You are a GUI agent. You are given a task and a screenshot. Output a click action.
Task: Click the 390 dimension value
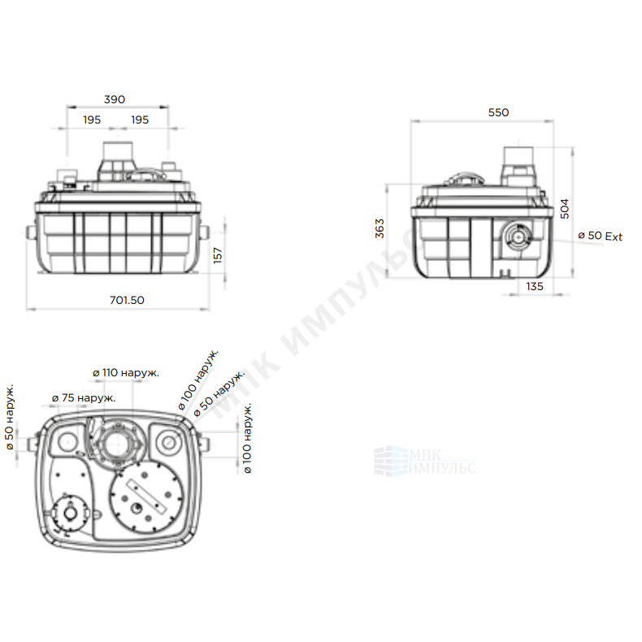[x=115, y=99]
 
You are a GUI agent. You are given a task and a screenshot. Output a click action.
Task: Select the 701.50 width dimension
[x=127, y=300]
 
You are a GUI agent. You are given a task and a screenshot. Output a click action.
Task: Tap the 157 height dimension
[x=218, y=255]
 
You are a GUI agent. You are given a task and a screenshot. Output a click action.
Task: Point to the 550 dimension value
[x=498, y=113]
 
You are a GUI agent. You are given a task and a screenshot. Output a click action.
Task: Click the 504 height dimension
[x=565, y=209]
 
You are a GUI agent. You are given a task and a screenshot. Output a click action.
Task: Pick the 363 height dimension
[x=380, y=228]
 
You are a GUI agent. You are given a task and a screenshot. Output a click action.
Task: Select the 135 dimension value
[x=535, y=287]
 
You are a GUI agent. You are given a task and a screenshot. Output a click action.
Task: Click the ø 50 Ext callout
[x=600, y=236]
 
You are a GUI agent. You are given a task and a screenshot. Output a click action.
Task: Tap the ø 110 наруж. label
[x=126, y=373]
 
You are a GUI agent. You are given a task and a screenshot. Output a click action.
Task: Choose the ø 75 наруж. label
[x=84, y=398]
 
